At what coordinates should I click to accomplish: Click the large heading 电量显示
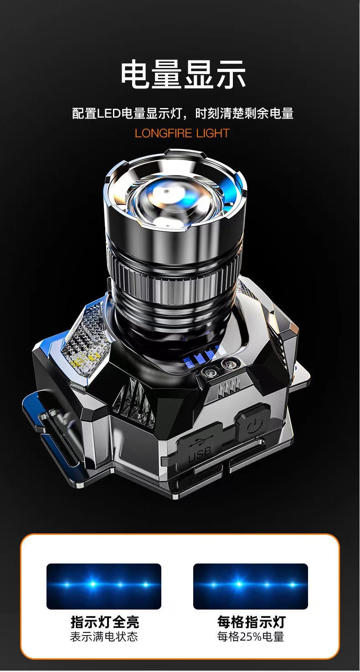(183, 74)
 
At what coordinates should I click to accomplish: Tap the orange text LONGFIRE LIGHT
(182, 133)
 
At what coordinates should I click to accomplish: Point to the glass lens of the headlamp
(175, 201)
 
